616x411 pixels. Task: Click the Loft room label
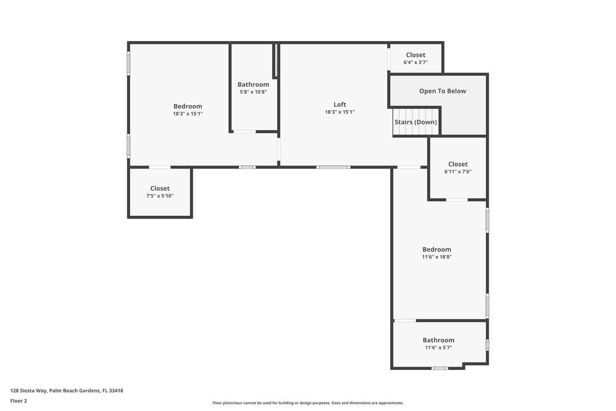(x=339, y=104)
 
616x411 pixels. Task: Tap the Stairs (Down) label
(x=415, y=122)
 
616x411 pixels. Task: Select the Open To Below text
(x=442, y=91)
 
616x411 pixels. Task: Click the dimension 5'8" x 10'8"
(x=253, y=92)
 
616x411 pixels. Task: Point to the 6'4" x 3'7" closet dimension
(x=415, y=63)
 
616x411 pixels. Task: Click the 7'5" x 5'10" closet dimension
(x=160, y=196)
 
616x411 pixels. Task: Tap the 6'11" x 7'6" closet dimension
(x=457, y=172)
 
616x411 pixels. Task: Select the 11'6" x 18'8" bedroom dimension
(x=436, y=257)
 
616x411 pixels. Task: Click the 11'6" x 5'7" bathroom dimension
(x=439, y=348)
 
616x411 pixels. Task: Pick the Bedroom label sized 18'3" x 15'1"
(x=188, y=106)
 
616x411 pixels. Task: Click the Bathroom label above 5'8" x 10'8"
(x=253, y=84)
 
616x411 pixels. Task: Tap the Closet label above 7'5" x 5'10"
(x=160, y=188)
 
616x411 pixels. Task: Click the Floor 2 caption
(x=18, y=401)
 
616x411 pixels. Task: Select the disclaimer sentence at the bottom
(x=307, y=403)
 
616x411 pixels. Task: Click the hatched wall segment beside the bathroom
(x=275, y=61)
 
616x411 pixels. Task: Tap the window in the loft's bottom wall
(x=333, y=167)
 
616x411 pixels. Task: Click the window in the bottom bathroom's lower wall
(x=439, y=368)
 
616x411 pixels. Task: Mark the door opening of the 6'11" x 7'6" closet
(x=457, y=200)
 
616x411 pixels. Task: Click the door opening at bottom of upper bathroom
(x=244, y=132)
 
